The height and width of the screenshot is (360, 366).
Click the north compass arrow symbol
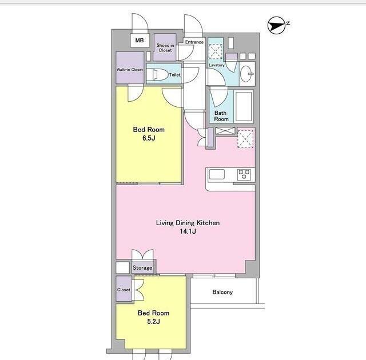[x=277, y=25]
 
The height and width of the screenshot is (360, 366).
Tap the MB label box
[x=140, y=41]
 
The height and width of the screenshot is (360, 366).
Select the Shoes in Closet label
[x=165, y=47]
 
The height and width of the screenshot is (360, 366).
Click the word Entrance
[x=194, y=42]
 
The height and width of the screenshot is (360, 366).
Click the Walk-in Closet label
[x=130, y=70]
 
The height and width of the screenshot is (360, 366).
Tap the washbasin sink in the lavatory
[x=246, y=74]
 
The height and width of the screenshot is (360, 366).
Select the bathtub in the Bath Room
[x=244, y=106]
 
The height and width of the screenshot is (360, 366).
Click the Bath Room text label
[x=221, y=116]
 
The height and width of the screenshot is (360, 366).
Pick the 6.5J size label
[x=149, y=138]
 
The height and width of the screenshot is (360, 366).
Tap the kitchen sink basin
[x=217, y=174]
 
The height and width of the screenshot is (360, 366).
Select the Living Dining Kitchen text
[x=188, y=223]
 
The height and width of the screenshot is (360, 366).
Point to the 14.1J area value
[x=188, y=231]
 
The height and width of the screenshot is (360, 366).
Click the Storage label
[x=142, y=267]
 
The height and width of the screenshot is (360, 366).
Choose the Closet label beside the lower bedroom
[x=124, y=290]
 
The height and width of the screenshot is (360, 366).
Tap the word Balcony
[x=222, y=292]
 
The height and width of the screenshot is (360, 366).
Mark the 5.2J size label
[x=154, y=322]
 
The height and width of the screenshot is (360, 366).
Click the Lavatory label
[x=217, y=65]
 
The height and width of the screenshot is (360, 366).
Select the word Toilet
[x=175, y=75]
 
